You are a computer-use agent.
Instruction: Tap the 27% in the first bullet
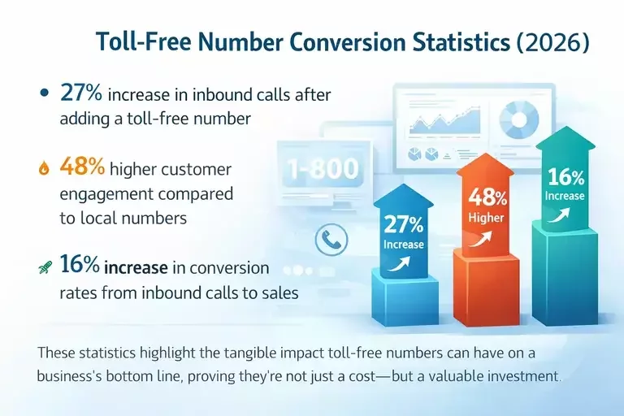pos(82,93)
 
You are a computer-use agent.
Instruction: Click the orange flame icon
pos(44,170)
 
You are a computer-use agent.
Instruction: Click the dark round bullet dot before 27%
pos(44,93)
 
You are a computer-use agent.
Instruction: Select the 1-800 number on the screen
pos(323,169)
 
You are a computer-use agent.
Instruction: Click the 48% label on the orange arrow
pos(487,197)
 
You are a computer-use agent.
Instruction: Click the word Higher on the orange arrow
pos(487,218)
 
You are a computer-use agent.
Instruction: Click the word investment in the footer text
pos(524,377)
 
